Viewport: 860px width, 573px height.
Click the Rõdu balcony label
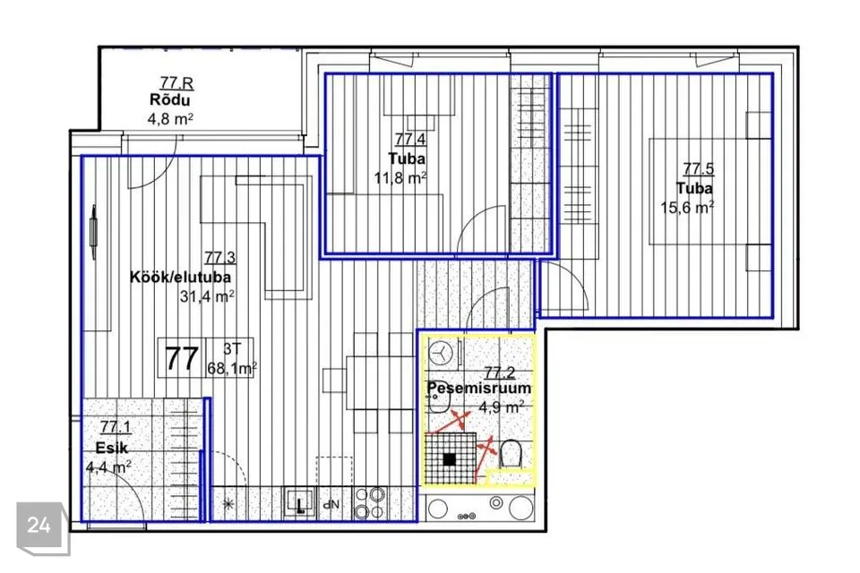click(x=170, y=100)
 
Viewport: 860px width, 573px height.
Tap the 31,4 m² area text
click(x=207, y=296)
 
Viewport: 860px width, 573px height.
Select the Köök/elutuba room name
click(x=180, y=277)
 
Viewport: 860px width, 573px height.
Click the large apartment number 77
click(x=182, y=359)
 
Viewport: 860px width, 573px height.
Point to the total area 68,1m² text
click(x=231, y=368)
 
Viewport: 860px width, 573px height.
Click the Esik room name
click(x=112, y=448)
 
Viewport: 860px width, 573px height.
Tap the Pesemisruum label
click(x=478, y=388)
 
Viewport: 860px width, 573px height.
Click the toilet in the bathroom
click(x=510, y=454)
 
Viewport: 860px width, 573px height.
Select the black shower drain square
click(x=449, y=459)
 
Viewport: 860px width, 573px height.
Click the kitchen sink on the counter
click(x=300, y=502)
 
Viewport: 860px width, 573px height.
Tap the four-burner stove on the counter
click(x=369, y=503)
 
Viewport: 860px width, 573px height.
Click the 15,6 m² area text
click(x=687, y=208)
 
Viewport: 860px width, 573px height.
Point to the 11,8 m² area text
click(x=400, y=178)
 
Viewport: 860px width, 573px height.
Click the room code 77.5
click(x=698, y=169)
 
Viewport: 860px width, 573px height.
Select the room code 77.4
click(x=410, y=140)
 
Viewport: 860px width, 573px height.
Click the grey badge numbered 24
click(x=39, y=526)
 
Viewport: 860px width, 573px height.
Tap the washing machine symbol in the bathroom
click(x=440, y=352)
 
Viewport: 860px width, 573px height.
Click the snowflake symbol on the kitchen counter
click(x=228, y=504)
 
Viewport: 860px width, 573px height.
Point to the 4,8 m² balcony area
click(x=170, y=119)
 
